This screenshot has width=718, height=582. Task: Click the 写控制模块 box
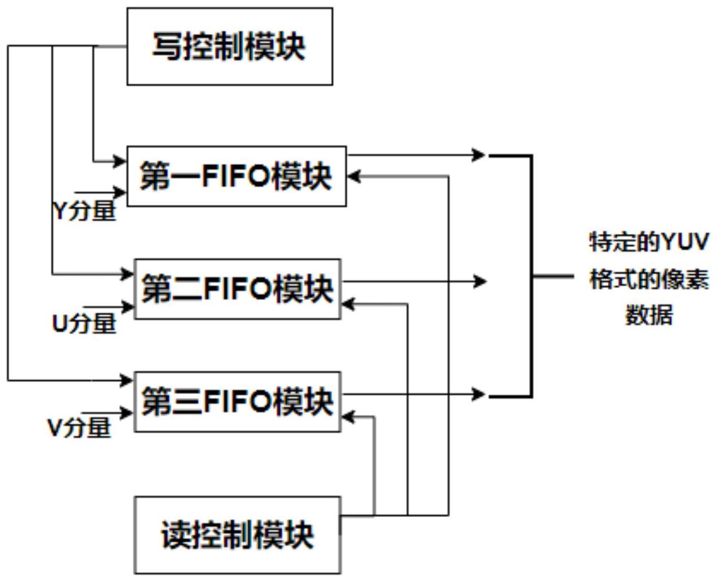click(x=229, y=46)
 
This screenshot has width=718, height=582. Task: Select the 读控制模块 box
click(x=238, y=535)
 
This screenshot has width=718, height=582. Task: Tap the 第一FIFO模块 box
click(x=236, y=176)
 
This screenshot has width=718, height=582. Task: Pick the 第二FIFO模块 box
click(x=238, y=289)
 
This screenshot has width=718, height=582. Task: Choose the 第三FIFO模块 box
click(x=238, y=402)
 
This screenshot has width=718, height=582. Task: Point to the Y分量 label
click(x=85, y=210)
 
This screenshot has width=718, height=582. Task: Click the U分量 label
click(x=84, y=323)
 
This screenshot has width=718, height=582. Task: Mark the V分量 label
click(x=80, y=427)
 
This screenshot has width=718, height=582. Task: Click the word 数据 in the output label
click(x=649, y=315)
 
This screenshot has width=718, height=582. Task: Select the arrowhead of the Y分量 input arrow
click(x=120, y=192)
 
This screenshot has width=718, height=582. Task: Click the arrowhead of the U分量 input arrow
click(x=129, y=307)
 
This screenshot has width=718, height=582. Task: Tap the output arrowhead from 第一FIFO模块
click(x=480, y=155)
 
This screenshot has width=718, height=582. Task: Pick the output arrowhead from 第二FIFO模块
click(x=480, y=281)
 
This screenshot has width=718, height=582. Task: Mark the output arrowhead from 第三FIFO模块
click(x=479, y=394)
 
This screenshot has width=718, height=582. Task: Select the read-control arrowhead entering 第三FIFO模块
click(x=348, y=417)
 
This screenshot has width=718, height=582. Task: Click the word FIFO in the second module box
click(x=238, y=289)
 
